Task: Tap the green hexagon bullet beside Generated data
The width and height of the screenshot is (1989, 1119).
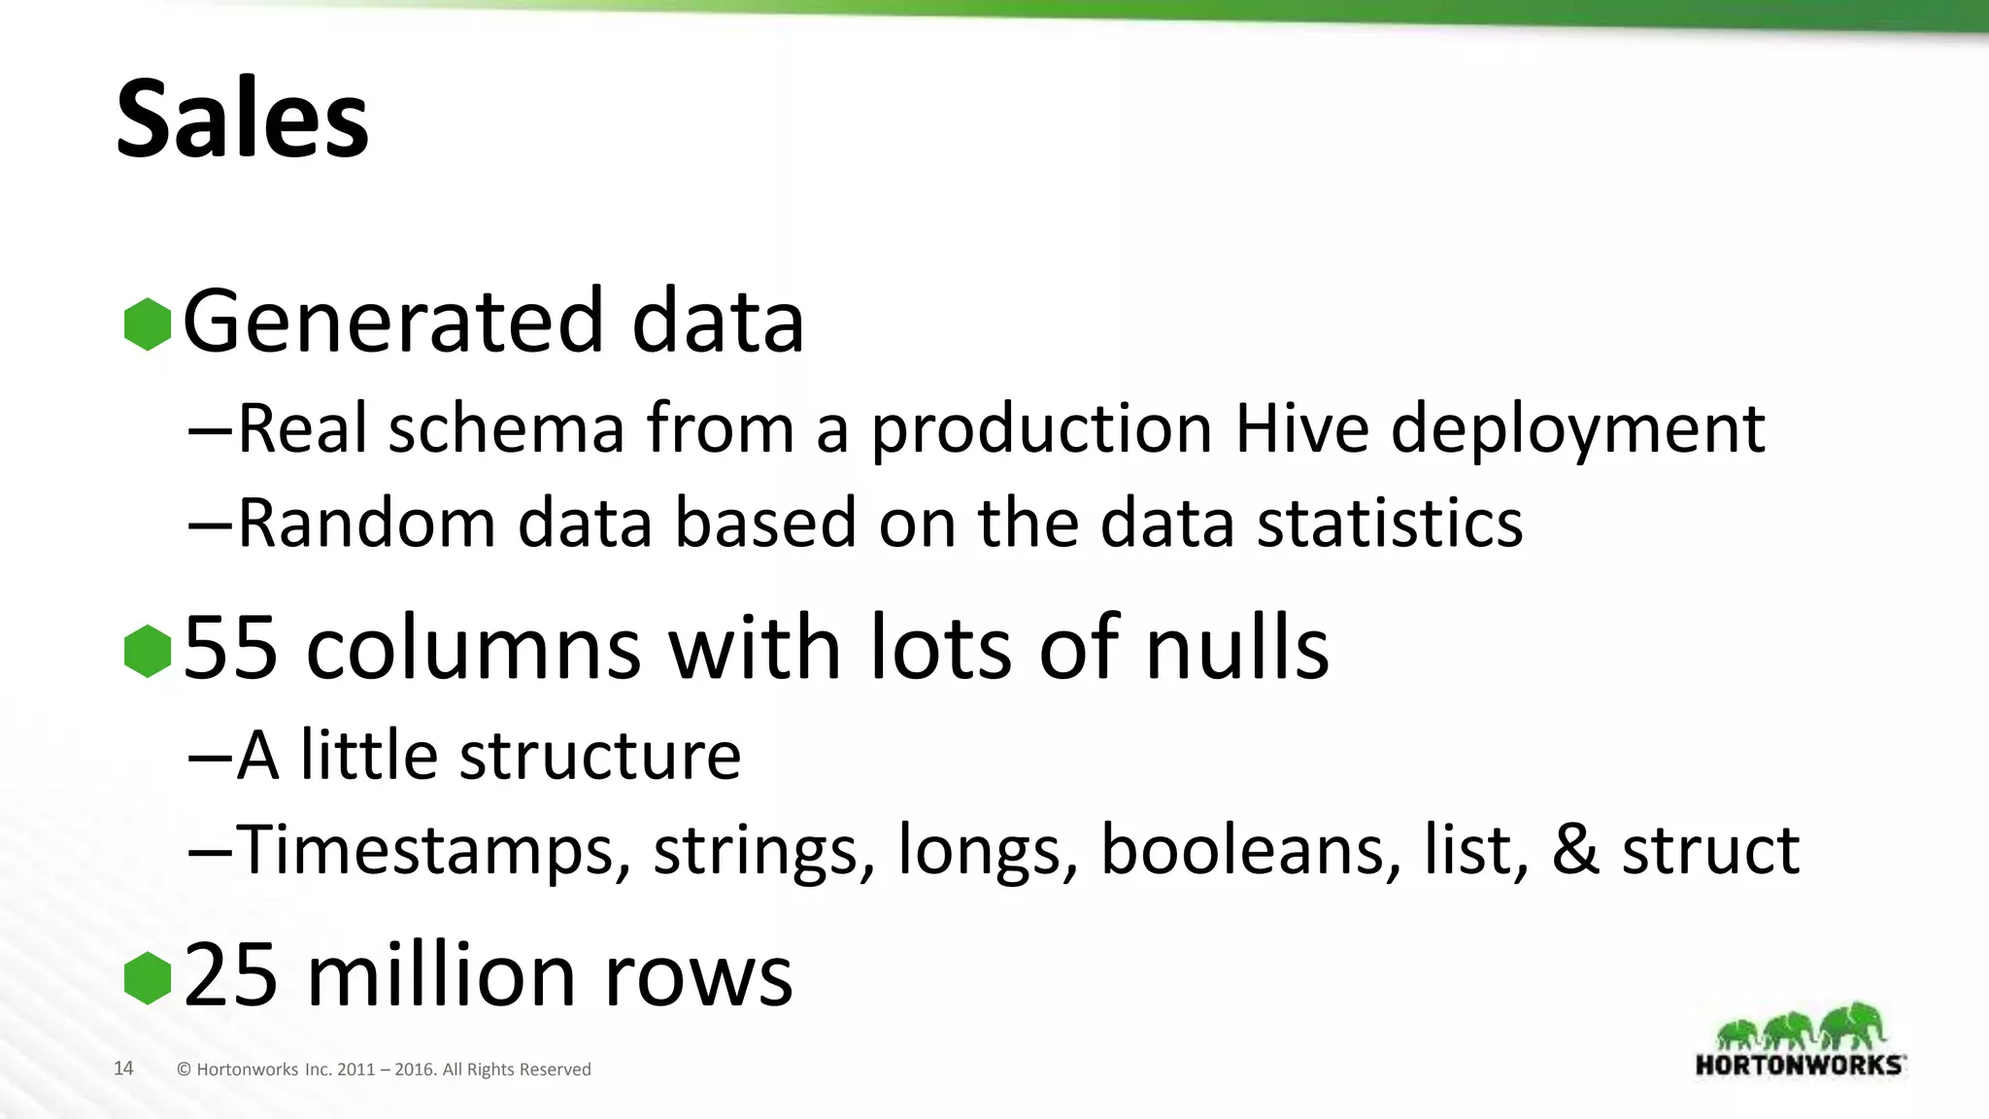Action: [x=148, y=323]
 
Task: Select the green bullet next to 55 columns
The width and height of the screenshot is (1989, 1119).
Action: [x=148, y=650]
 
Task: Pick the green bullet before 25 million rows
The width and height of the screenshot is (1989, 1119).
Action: [x=148, y=977]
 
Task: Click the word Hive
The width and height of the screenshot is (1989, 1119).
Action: [x=1301, y=428]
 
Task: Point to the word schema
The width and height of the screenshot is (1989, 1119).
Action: [x=506, y=428]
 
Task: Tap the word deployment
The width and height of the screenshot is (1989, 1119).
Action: [x=1577, y=430]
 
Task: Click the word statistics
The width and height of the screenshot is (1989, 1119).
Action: [x=1390, y=524]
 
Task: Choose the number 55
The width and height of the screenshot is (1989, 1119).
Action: [x=231, y=648]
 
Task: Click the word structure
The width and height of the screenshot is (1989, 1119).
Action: [x=600, y=755]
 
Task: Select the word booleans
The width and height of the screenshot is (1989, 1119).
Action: [x=1251, y=849]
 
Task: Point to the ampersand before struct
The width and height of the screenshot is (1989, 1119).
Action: [x=1575, y=849]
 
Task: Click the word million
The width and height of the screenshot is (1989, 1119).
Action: [x=443, y=975]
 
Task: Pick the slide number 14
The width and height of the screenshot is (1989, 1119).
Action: [x=123, y=1068]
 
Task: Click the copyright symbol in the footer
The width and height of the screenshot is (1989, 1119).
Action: [x=185, y=1069]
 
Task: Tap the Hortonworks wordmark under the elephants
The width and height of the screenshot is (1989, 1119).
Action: [x=1800, y=1064]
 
